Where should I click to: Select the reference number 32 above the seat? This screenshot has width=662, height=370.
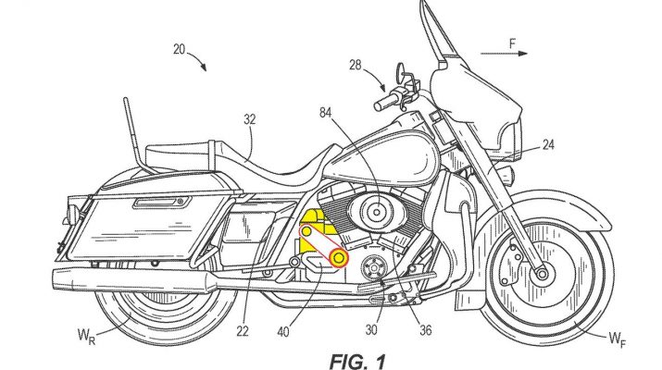pos(251,118)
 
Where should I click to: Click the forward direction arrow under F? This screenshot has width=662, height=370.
pos(518,54)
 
